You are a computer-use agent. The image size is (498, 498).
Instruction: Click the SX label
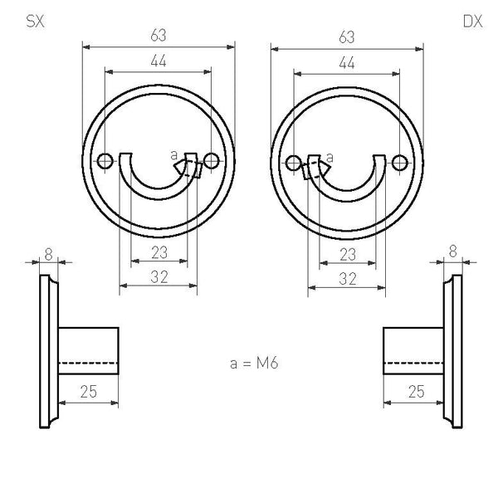35,22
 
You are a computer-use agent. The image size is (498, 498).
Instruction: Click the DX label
472,22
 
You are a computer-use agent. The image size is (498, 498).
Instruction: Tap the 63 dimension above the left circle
159,35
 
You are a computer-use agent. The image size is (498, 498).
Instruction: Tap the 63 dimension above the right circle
346,37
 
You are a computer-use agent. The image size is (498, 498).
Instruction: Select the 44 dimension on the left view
159,61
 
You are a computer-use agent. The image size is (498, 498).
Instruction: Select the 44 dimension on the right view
346,62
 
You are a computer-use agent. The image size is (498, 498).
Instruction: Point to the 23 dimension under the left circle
159,252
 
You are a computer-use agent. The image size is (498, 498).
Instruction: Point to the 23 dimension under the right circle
348,255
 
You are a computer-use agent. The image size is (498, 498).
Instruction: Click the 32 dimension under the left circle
159,277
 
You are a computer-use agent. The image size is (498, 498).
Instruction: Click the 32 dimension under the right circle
348,279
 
